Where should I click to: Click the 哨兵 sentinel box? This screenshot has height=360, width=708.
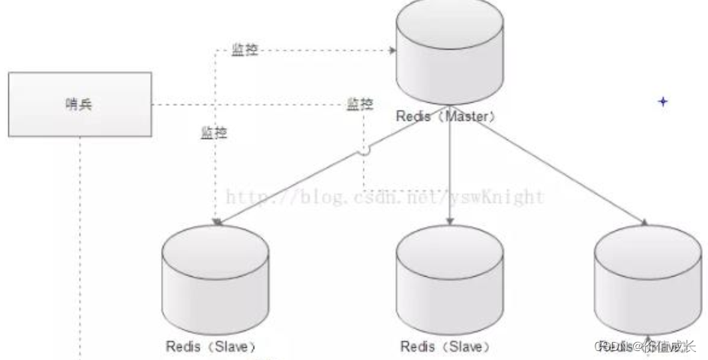point(80,104)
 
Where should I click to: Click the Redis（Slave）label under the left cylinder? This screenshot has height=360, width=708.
point(211,346)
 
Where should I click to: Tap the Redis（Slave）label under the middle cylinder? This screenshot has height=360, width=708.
point(445,346)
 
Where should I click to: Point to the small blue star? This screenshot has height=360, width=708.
point(662,101)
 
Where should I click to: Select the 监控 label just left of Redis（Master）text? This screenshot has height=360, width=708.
point(359,103)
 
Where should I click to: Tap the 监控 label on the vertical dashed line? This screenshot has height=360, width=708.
point(214,133)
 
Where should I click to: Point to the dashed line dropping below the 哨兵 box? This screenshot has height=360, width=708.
point(80,247)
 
